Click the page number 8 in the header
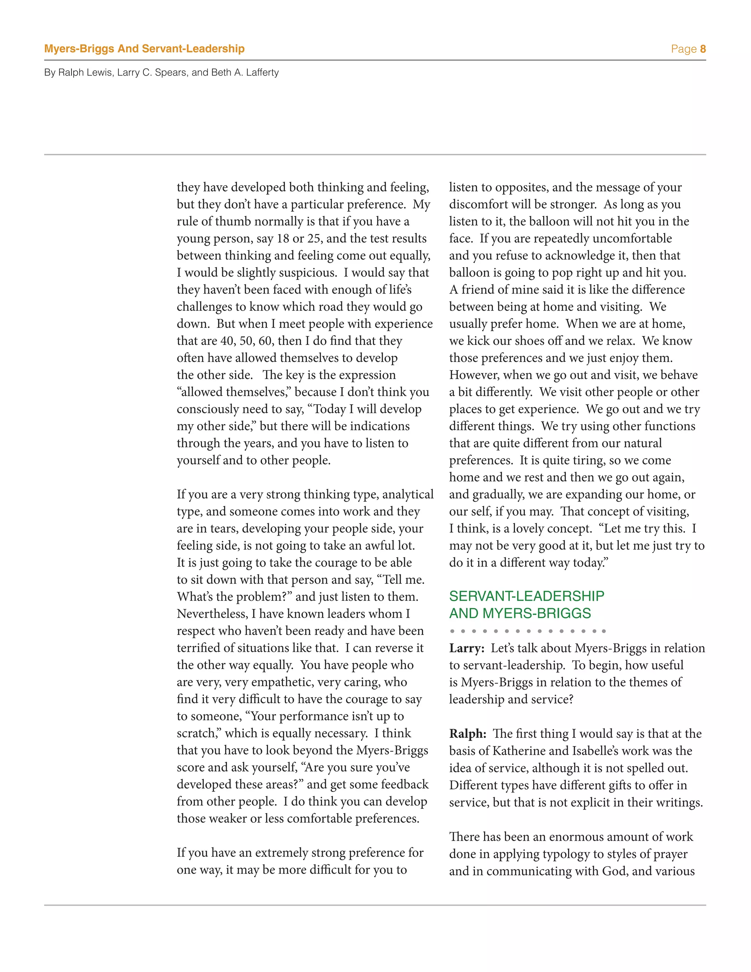click(703, 49)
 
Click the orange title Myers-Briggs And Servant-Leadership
click(144, 48)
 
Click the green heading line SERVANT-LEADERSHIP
click(526, 596)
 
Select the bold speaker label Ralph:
click(467, 734)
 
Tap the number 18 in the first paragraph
click(283, 238)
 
